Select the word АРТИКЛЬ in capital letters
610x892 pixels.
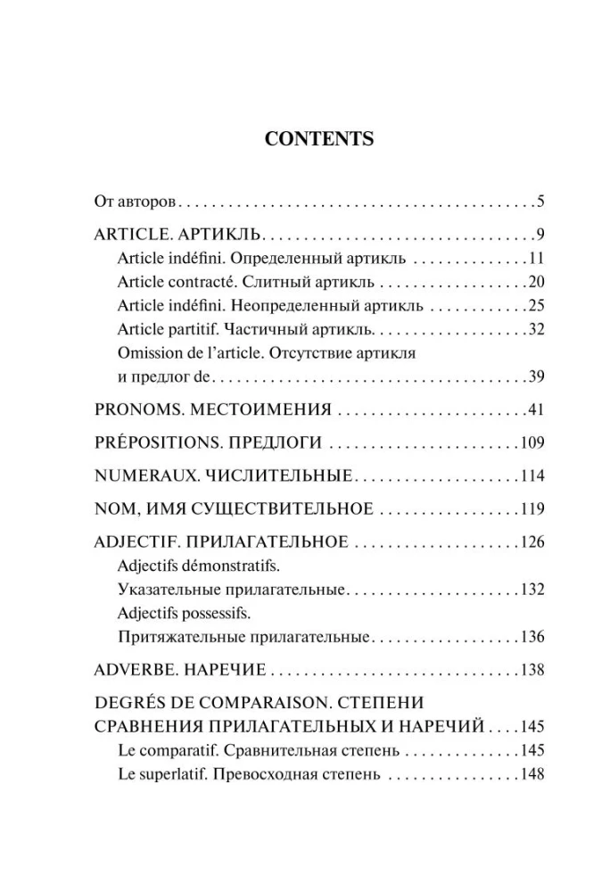click(x=219, y=235)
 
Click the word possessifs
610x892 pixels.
click(x=220, y=615)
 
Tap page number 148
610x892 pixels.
click(x=532, y=774)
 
